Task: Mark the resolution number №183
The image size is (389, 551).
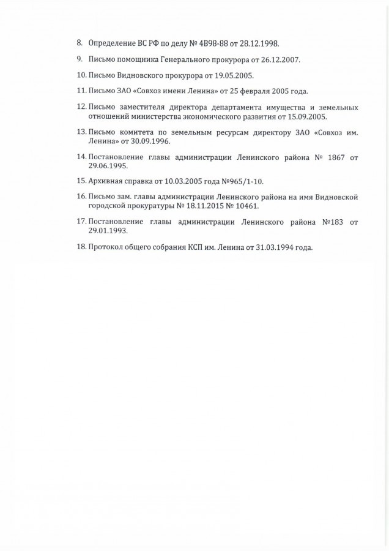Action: click(x=332, y=222)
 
